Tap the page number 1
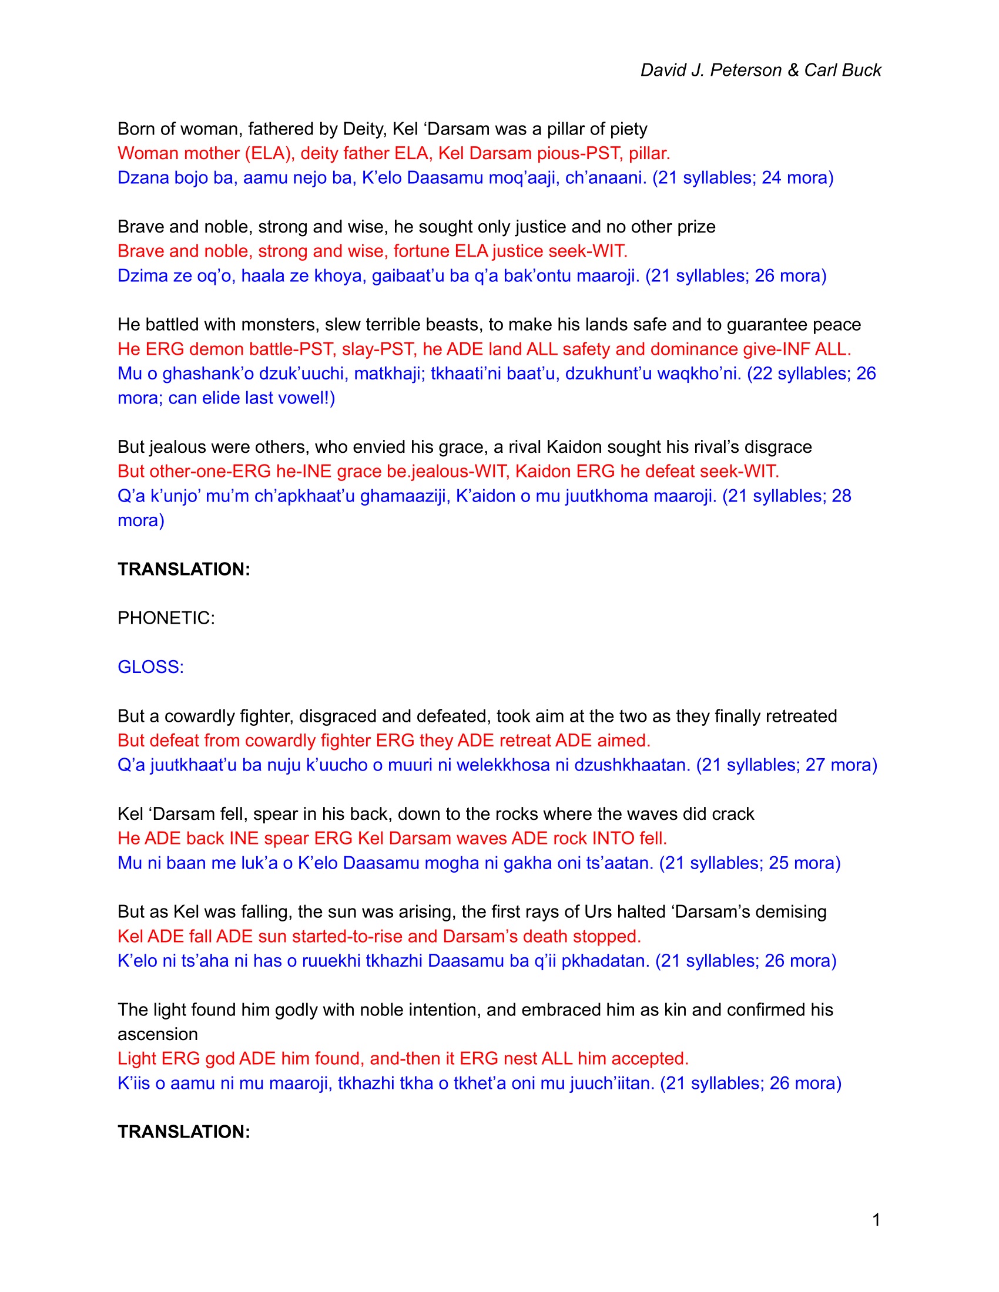[x=876, y=1220]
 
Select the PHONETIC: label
[x=166, y=618]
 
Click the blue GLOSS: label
[x=151, y=667]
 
